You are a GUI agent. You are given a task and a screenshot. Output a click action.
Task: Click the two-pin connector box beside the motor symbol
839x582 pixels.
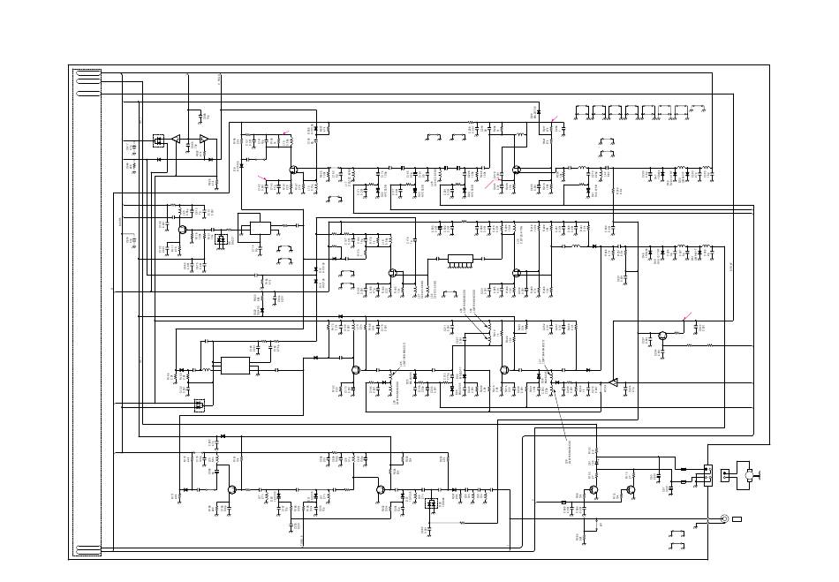pyautogui.click(x=726, y=475)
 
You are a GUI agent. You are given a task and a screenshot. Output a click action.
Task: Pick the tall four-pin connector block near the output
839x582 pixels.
pyautogui.click(x=707, y=475)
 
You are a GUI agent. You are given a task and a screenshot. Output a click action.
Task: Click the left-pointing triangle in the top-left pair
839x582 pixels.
pyautogui.click(x=176, y=139)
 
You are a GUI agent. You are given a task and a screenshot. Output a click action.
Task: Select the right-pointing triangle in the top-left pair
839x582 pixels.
pyautogui.click(x=204, y=139)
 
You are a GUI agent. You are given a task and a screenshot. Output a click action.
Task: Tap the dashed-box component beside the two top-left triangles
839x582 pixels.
pyautogui.click(x=159, y=140)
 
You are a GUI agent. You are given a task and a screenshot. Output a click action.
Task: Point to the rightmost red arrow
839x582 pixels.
pyautogui.click(x=687, y=317)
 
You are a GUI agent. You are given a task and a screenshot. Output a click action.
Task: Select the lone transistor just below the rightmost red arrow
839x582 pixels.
pyautogui.click(x=661, y=336)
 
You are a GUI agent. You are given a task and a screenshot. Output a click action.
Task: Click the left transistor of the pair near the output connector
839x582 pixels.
pyautogui.click(x=595, y=489)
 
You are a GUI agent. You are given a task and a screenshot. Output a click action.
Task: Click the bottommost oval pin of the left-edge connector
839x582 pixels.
pyautogui.click(x=87, y=553)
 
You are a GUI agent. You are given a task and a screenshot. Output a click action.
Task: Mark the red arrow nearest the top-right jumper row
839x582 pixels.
pyautogui.click(x=554, y=119)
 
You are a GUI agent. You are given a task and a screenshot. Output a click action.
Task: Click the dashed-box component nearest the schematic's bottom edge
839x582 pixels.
pyautogui.click(x=431, y=504)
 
